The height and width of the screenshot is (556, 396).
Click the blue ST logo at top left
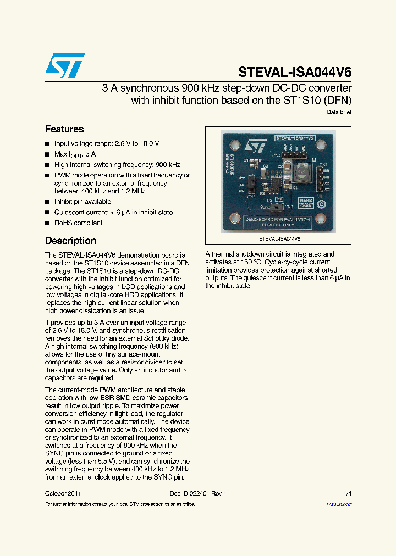[x=65, y=65]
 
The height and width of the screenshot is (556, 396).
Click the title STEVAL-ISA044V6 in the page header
[x=295, y=73]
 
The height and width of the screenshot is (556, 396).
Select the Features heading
[x=64, y=130]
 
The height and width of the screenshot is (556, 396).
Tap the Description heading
[x=70, y=241]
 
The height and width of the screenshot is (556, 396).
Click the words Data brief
[x=339, y=112]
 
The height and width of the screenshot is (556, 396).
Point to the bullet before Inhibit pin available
[x=47, y=202]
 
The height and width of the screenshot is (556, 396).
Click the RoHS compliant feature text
[x=78, y=223]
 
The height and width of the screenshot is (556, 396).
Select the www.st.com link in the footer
[x=339, y=504]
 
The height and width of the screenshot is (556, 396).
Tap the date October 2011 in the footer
[x=63, y=493]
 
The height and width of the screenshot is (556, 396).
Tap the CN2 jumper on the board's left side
[x=250, y=184]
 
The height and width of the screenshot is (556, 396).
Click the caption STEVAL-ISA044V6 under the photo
[x=279, y=240]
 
